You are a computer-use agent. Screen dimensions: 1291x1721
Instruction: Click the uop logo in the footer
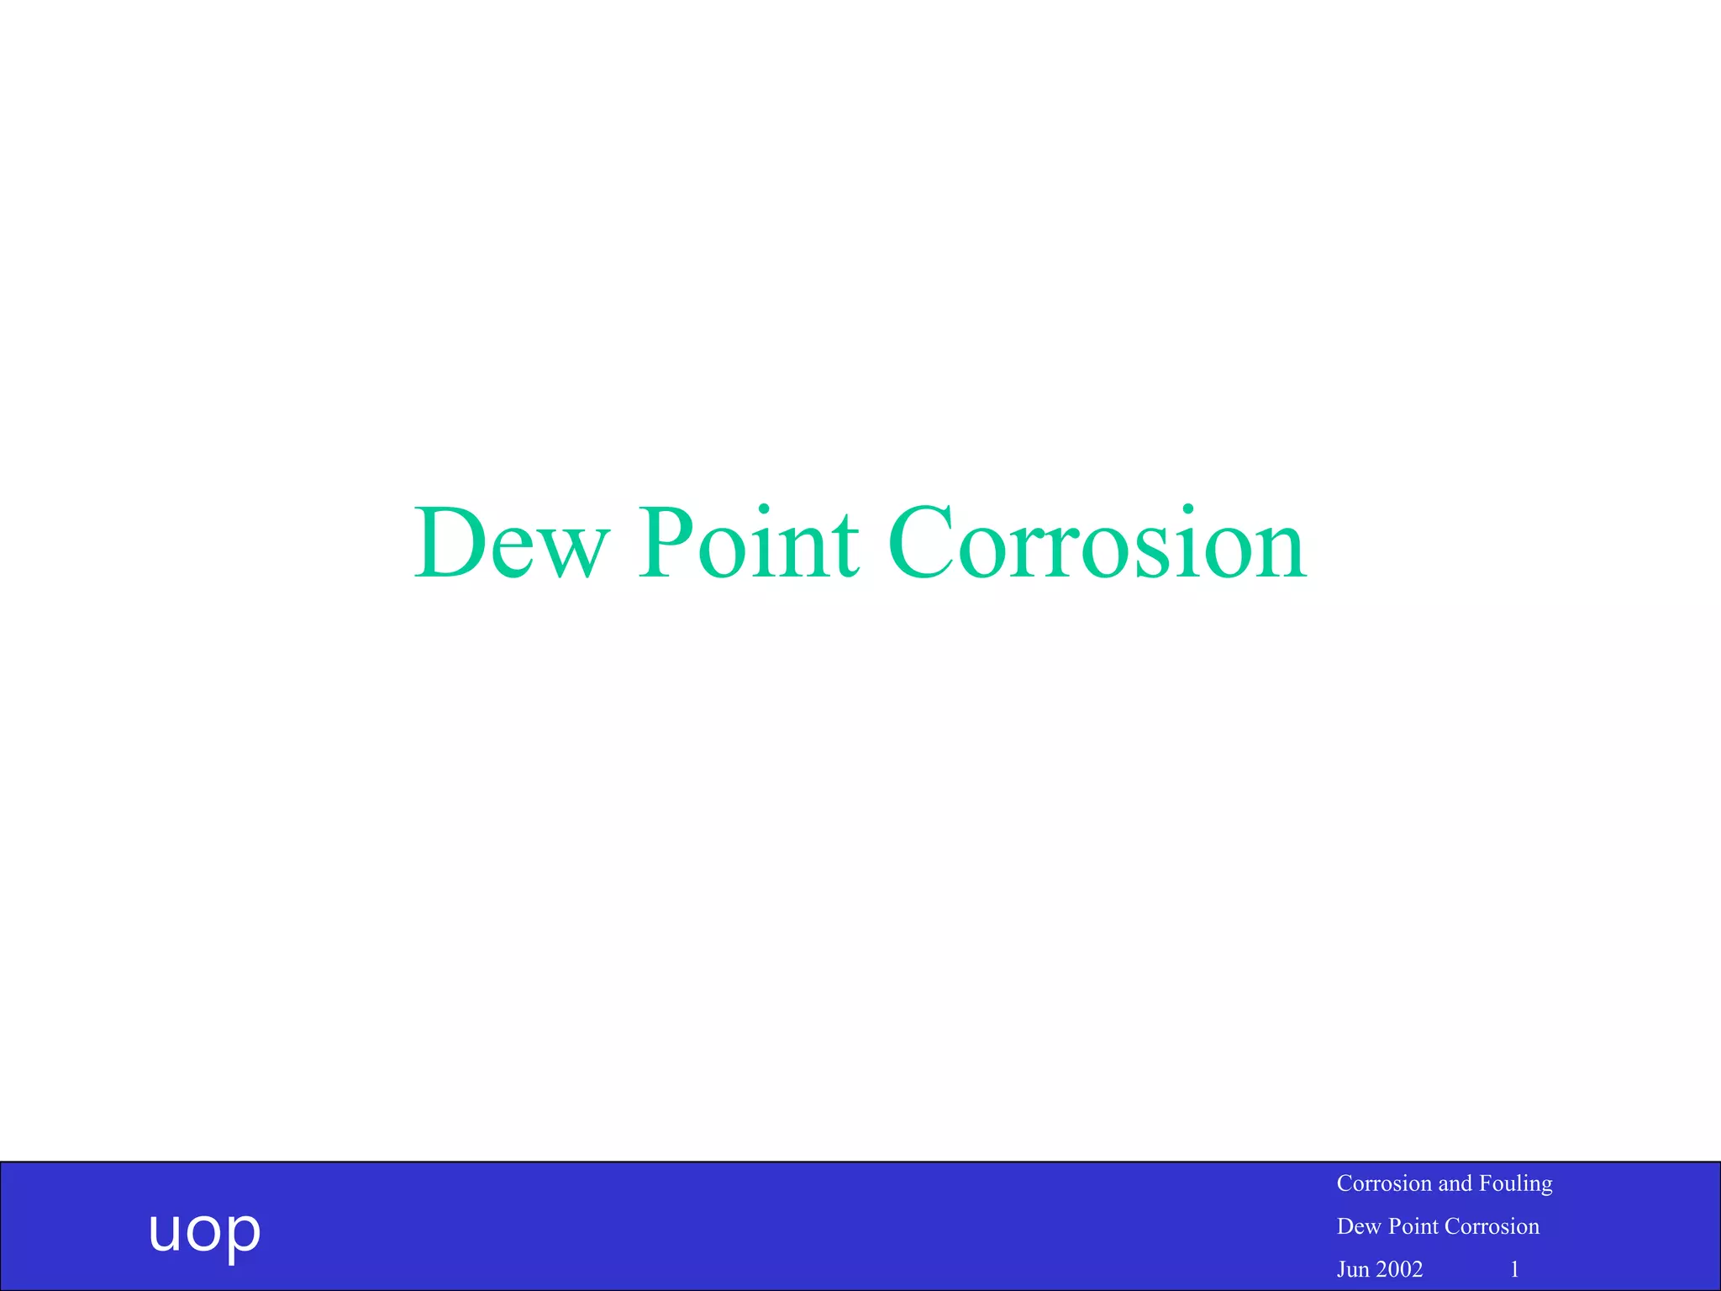[x=204, y=1232]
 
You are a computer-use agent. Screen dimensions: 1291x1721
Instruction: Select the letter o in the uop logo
[x=204, y=1232]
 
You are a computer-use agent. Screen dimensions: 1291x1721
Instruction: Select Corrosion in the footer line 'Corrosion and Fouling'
[x=1384, y=1183]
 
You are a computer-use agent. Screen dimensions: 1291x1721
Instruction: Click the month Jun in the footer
[x=1353, y=1269]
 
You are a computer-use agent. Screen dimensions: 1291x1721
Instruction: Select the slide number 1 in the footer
[x=1514, y=1269]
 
